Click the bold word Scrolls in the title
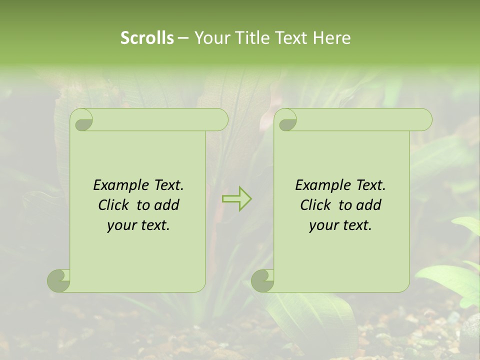coord(147,38)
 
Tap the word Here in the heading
coord(331,38)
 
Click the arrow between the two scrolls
coord(236,198)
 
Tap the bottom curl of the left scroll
coord(58,281)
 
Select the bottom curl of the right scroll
coord(262,281)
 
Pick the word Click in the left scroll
coord(114,205)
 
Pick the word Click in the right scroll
coord(316,205)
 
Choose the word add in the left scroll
coord(167,205)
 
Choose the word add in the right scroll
coord(369,205)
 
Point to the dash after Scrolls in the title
coord(183,38)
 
